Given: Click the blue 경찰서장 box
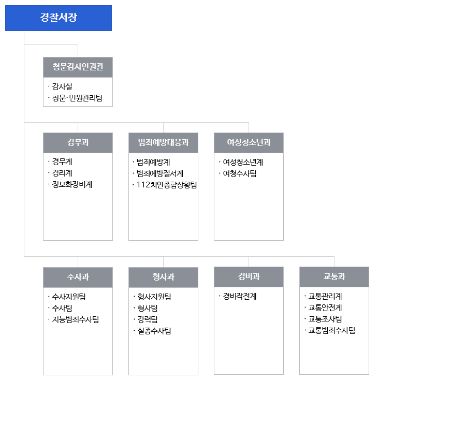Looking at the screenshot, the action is pos(59,18).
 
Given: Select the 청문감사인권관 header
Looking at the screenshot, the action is pos(78,67).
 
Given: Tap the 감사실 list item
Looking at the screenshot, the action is pos(62,86).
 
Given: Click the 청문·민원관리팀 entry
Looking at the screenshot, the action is pos(77,98).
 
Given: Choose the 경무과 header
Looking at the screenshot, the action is pos(78,142).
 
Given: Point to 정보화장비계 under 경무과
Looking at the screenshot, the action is pos(72,184).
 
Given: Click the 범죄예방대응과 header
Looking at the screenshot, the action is pos(164,142).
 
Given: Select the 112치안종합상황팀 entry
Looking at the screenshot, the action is pos(167,185).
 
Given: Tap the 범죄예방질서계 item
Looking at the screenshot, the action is pos(160,173).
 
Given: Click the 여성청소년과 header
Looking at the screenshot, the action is pos(249,142).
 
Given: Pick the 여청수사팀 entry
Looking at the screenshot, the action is pos(240,173).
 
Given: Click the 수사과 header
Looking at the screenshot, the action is pos(78,277).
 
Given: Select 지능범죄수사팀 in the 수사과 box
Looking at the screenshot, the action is pos(76,319).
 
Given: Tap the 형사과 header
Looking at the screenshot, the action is pos(164,277).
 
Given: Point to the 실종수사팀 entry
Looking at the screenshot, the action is pos(154,331).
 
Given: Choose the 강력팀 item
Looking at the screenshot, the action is pos(148,319).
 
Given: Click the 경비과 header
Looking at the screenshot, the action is pos(249,276).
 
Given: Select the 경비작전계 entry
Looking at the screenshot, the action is pos(240,296).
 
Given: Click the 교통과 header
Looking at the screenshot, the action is pos(334,276).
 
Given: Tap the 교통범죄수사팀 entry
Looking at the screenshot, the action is pos(332,330).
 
